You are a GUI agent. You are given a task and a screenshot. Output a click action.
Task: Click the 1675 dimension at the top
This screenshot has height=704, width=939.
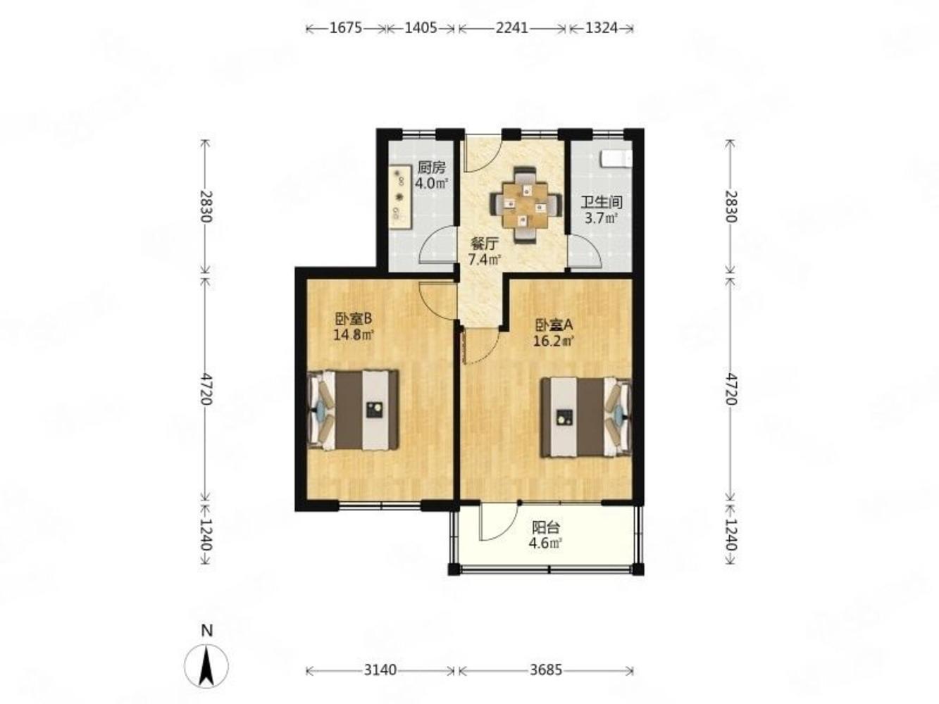coord(346,28)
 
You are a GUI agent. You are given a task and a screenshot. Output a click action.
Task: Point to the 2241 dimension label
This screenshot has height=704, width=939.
coord(511,28)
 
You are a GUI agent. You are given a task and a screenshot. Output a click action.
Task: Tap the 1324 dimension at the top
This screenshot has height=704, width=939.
coord(602,28)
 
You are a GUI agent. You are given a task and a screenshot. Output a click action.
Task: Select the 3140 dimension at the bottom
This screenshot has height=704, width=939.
coord(380,670)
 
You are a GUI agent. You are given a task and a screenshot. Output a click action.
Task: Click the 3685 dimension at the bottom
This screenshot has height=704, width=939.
coord(545,670)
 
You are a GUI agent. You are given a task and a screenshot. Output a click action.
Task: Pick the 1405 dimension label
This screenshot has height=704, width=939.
coord(421,28)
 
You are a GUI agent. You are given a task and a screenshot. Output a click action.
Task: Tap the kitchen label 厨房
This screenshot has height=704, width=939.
coord(431,168)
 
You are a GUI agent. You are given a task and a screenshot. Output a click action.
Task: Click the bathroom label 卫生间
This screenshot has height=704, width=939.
coord(601,202)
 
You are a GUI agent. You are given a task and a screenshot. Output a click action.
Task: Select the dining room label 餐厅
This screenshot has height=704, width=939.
coord(485,244)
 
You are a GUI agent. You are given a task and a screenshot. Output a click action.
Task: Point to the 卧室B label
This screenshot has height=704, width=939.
coord(354,318)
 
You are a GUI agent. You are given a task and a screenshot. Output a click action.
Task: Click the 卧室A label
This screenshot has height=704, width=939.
coord(554,326)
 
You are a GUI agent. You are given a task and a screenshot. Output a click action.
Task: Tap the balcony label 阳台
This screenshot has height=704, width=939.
coord(546,527)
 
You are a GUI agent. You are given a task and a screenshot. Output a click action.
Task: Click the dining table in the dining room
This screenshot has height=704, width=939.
coord(526,206)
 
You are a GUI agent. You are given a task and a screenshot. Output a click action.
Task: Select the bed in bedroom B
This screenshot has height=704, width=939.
coord(353,410)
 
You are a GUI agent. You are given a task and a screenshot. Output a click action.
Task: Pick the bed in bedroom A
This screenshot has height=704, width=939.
coord(586,417)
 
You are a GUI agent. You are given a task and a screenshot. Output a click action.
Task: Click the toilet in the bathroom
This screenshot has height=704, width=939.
coord(616,158)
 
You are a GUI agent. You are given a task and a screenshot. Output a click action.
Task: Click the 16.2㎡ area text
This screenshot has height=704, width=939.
coord(554,341)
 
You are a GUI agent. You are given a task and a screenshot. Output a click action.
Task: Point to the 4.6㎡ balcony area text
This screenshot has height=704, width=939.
coord(545,543)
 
